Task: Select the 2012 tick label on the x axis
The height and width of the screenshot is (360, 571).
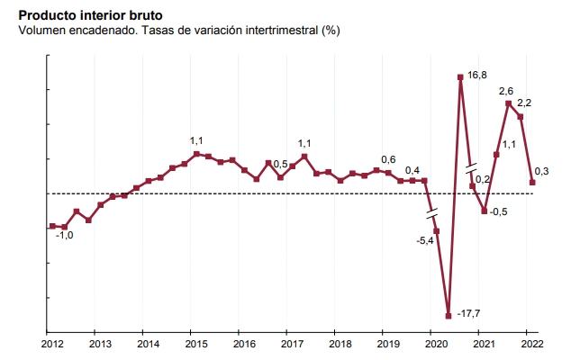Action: tap(52, 344)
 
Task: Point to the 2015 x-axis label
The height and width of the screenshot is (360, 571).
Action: tap(195, 344)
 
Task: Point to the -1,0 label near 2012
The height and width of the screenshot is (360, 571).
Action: tap(65, 236)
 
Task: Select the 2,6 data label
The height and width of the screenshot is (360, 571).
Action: tap(506, 92)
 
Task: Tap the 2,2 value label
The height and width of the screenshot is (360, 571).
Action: tap(524, 104)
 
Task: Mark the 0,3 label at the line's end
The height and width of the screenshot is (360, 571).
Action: tap(542, 172)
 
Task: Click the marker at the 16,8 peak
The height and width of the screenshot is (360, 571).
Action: tap(460, 76)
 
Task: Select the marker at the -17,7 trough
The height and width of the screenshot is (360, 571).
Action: tap(449, 315)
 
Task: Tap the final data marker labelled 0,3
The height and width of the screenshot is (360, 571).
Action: tap(532, 182)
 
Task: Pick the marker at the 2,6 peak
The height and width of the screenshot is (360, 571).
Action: tap(508, 103)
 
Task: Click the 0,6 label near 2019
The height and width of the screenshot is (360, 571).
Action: tap(389, 160)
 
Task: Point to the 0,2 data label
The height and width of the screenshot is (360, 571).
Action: tap(482, 180)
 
